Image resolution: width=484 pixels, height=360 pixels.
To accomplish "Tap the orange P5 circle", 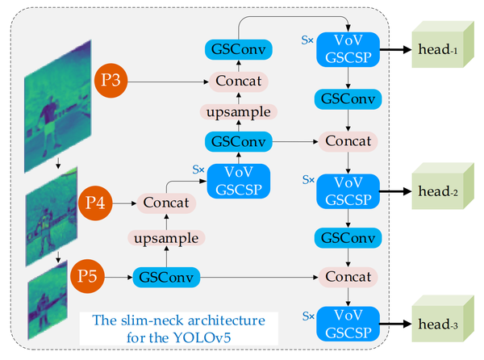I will [x=90, y=278].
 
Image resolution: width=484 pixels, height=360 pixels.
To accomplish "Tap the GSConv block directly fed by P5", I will [x=165, y=278].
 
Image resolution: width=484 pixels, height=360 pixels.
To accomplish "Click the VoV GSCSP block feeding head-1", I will [x=347, y=48].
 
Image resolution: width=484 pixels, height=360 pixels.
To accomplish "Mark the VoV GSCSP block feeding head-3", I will [x=347, y=321].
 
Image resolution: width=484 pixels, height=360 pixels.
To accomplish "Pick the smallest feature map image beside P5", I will [x=45, y=307].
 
